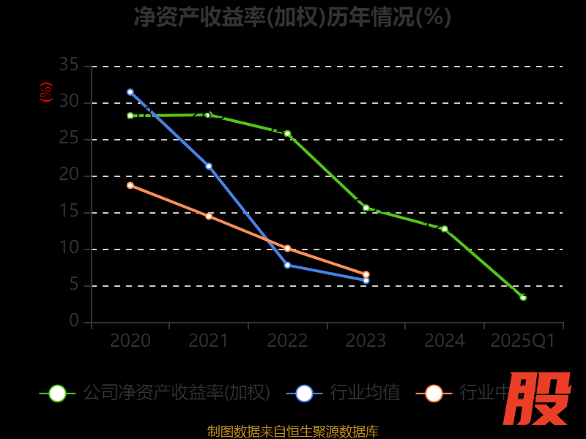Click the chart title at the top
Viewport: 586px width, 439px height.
tap(292, 17)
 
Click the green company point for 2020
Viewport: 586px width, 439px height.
tap(130, 116)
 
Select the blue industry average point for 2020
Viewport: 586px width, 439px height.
tap(130, 92)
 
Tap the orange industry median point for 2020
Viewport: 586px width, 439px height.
tap(130, 185)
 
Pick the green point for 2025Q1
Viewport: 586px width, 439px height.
tap(523, 297)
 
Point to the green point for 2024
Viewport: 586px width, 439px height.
tap(445, 229)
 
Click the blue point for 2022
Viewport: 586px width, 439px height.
tap(287, 265)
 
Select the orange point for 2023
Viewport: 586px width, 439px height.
tap(366, 274)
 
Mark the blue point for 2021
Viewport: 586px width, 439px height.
tap(209, 166)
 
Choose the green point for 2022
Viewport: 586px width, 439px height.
tap(287, 134)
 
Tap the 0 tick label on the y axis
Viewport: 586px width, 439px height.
tap(74, 321)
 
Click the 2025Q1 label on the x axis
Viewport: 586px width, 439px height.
tap(523, 341)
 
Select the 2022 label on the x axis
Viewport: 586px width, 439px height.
tap(287, 341)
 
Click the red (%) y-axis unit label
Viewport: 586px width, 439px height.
tap(46, 92)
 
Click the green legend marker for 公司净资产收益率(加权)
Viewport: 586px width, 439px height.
tap(57, 393)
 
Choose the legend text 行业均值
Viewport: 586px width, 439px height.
tap(365, 393)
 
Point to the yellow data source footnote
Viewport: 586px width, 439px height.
tap(293, 432)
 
